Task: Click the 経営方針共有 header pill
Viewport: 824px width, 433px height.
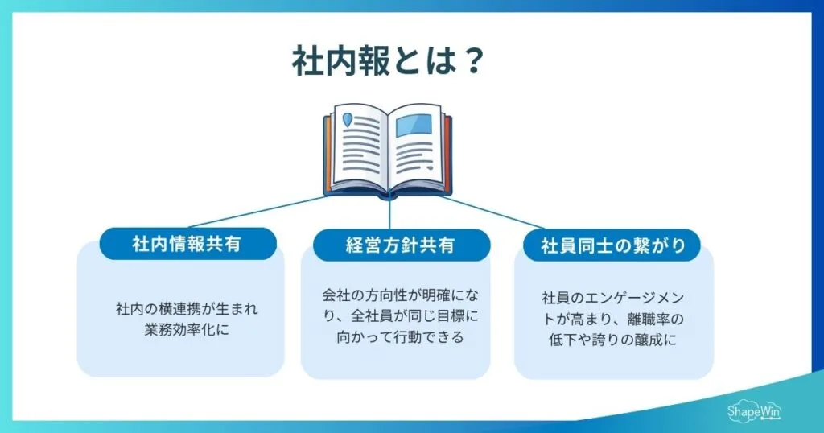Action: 400,245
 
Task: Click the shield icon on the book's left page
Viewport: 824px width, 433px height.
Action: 348,121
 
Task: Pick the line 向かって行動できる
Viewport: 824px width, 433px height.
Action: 400,337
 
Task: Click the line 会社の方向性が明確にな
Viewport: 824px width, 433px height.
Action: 400,295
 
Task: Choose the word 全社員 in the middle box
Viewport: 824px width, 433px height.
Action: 381,315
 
